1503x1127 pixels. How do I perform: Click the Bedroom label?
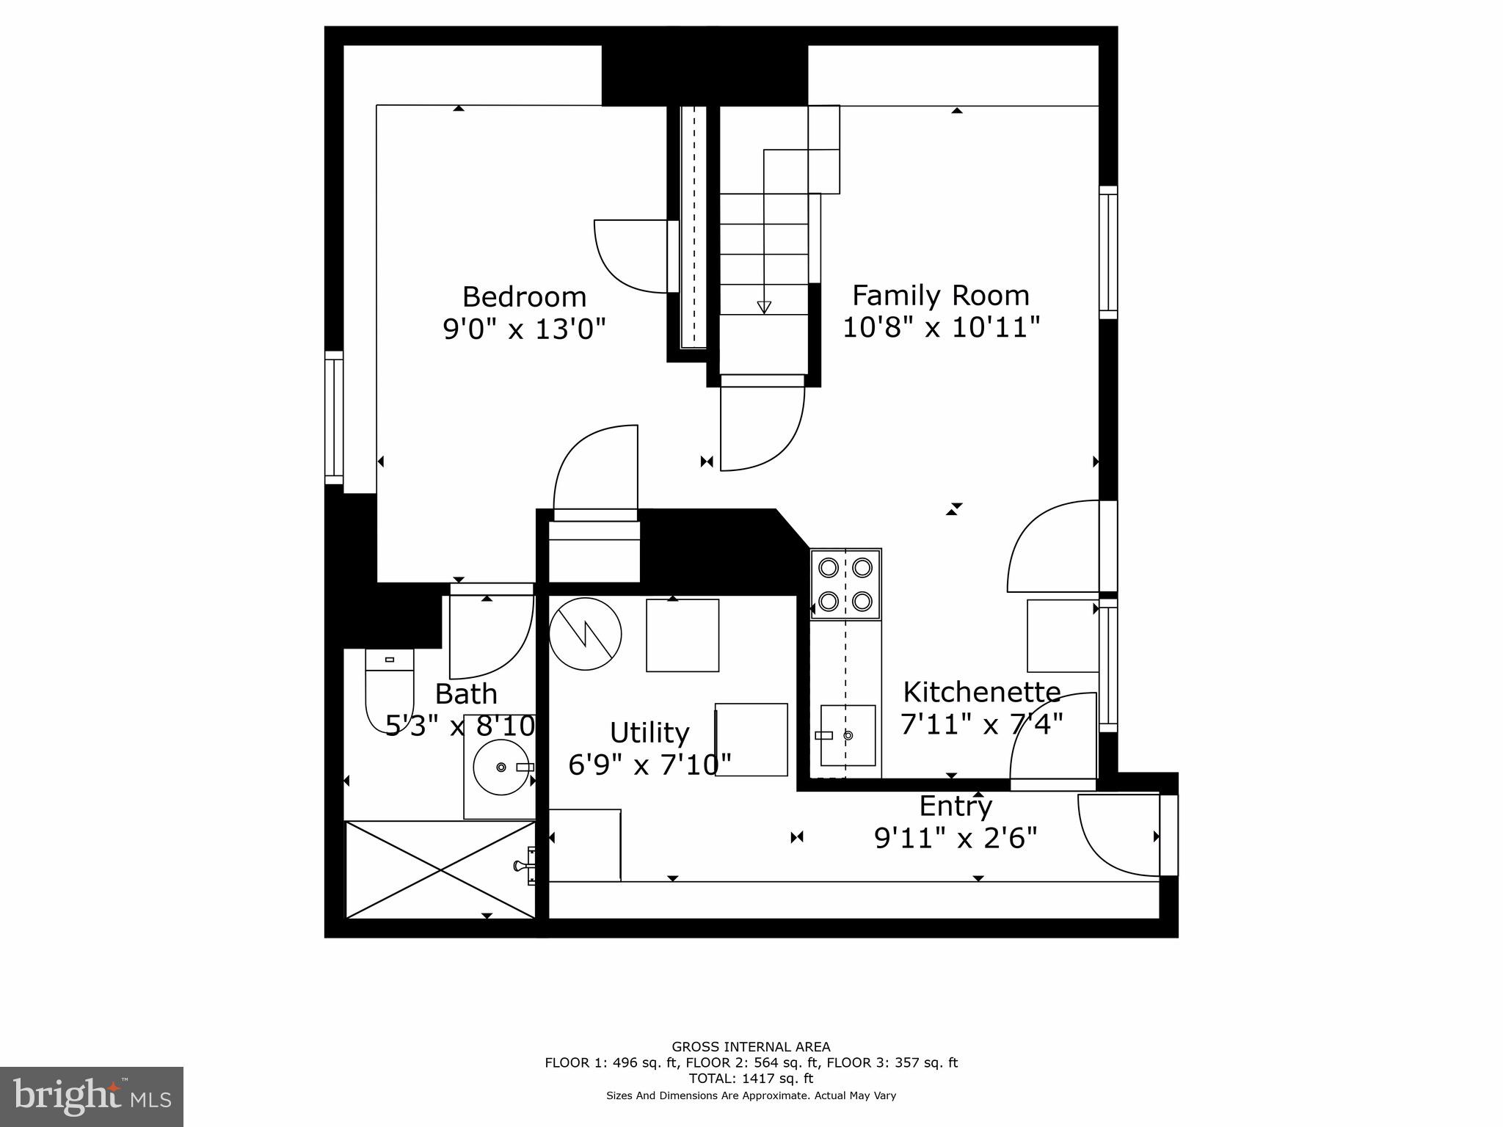click(x=524, y=297)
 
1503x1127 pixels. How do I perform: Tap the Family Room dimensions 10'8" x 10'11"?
click(x=941, y=327)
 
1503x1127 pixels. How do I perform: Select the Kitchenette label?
click(x=981, y=692)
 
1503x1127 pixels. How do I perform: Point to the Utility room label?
click(x=649, y=732)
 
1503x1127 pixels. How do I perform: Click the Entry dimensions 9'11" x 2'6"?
click(x=956, y=837)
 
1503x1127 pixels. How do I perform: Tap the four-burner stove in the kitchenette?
click(x=845, y=584)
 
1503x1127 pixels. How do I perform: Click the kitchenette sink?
click(x=848, y=735)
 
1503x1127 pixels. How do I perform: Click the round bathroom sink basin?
click(x=501, y=767)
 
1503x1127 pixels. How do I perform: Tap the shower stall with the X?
click(x=440, y=870)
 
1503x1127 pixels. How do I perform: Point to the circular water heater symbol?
click(x=585, y=633)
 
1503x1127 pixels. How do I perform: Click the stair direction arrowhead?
click(x=764, y=307)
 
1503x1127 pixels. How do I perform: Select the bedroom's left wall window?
click(x=334, y=417)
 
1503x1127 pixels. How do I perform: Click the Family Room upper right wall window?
click(x=1107, y=252)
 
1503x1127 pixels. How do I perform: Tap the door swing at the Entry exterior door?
click(x=1116, y=836)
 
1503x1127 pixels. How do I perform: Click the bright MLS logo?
click(x=92, y=1096)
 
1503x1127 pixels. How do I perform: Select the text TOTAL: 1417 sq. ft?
click(x=751, y=1079)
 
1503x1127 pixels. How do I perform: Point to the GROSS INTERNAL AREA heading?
click(x=751, y=1047)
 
